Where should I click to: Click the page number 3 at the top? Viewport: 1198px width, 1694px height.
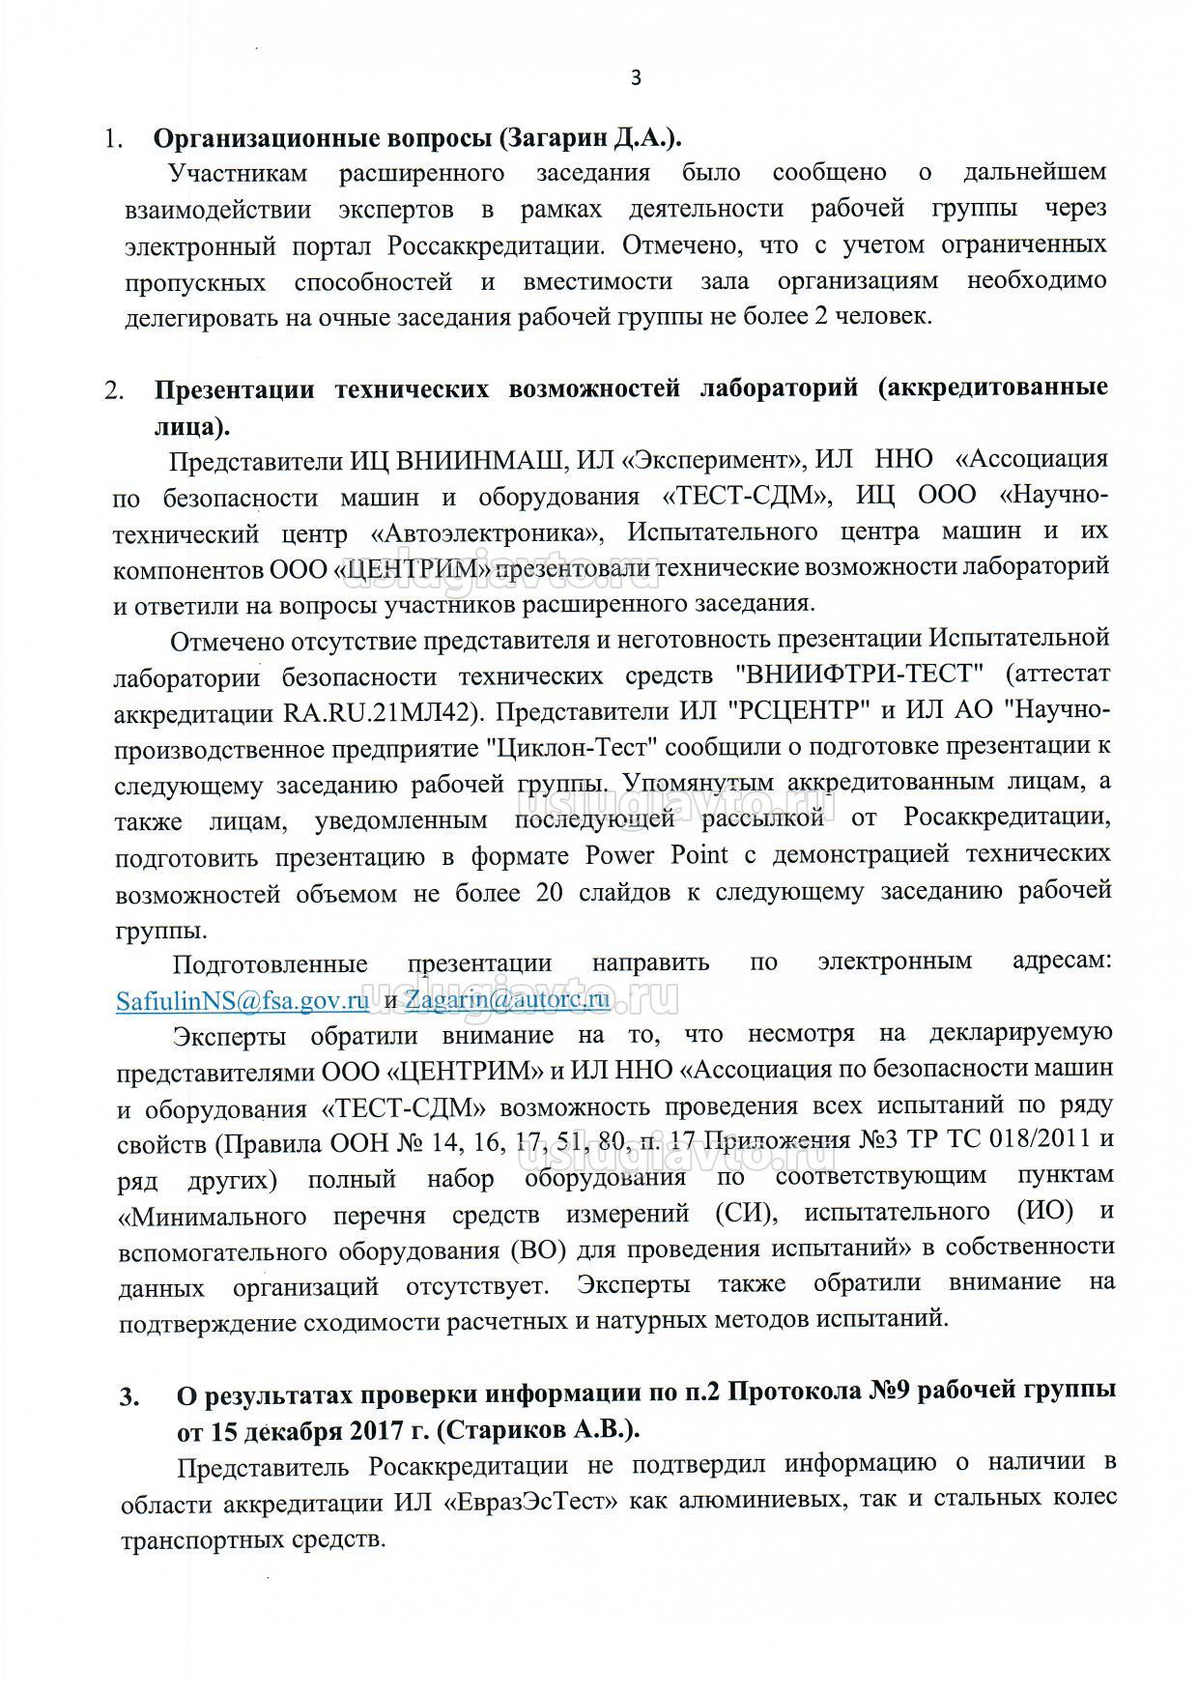[635, 78]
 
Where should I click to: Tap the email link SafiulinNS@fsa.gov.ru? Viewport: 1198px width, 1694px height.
[242, 1000]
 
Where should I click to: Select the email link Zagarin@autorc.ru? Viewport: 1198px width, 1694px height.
[507, 999]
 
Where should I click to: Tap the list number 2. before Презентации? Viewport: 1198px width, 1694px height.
[115, 390]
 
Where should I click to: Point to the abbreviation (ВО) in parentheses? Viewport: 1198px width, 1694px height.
[532, 1249]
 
